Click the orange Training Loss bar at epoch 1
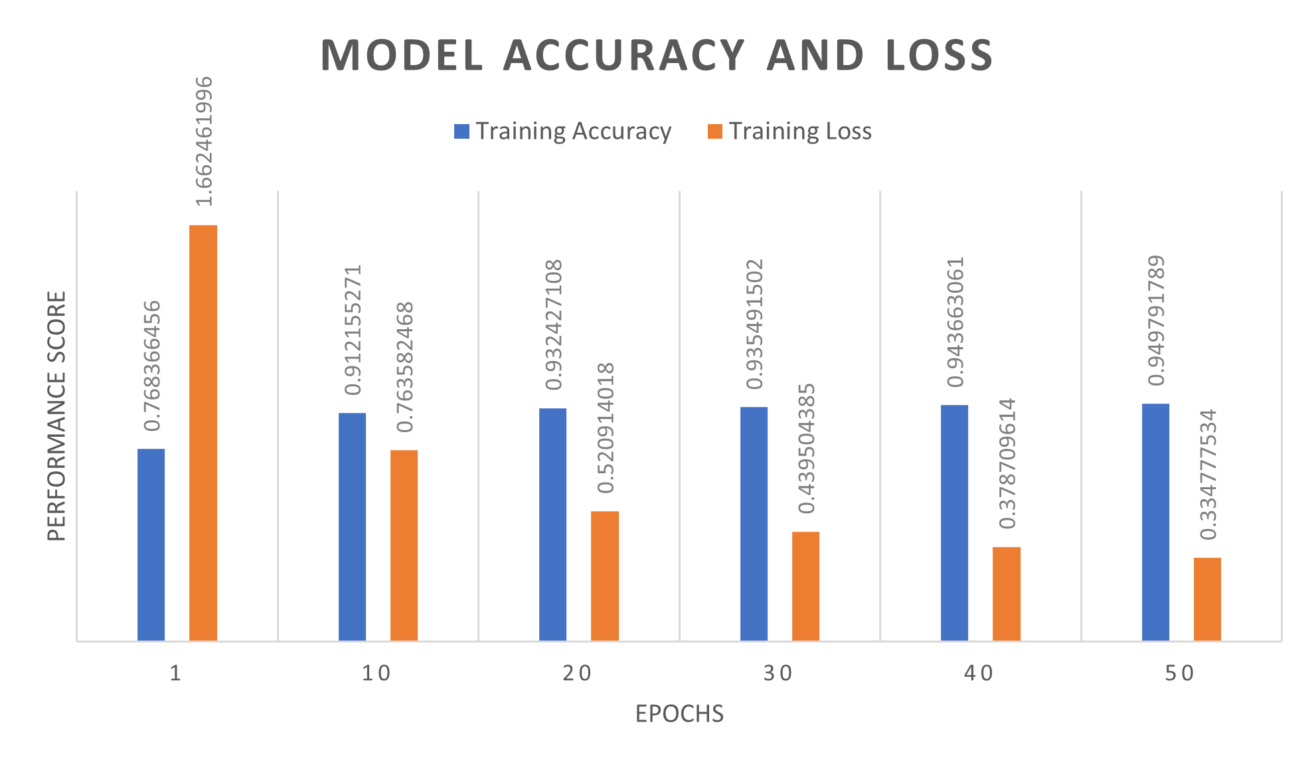203,433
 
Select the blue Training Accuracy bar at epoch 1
151,544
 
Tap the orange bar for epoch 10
404,545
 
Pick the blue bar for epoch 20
552,524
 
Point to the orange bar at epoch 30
805,586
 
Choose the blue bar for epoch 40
954,522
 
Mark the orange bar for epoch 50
1207,599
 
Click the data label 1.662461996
204,141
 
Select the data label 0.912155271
353,330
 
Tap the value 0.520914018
606,428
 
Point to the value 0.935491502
754,325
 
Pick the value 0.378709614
1007,463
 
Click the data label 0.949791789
1156,321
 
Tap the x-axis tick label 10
376,674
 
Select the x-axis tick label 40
978,674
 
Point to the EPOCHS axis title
679,714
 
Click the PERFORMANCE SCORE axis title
58,416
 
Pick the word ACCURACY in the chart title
624,55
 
